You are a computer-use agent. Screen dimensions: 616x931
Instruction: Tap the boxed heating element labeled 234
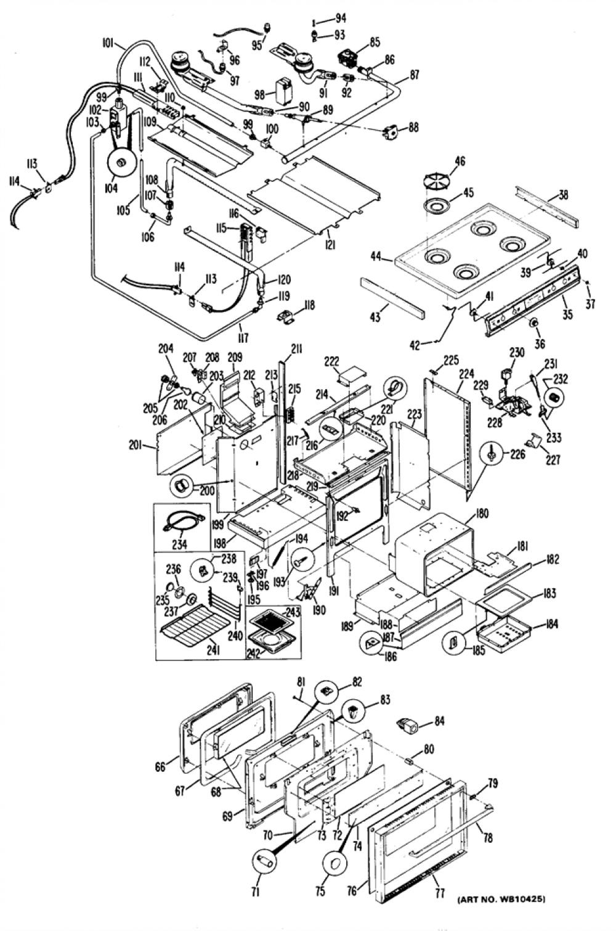point(182,521)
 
